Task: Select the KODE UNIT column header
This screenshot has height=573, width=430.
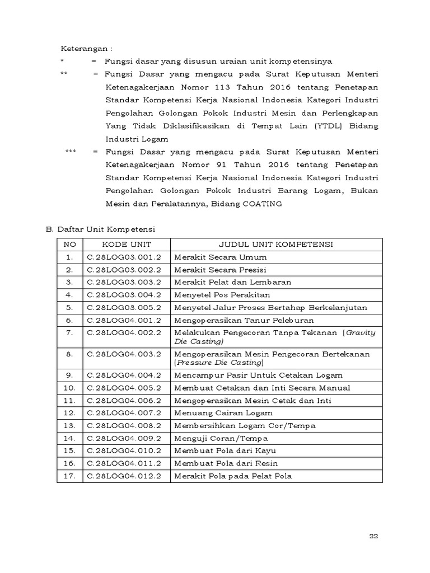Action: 127,245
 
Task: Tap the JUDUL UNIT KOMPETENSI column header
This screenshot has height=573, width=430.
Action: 276,245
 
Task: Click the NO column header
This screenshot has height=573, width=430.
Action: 69,245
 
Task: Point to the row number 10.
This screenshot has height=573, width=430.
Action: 69,388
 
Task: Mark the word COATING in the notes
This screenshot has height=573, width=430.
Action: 262,204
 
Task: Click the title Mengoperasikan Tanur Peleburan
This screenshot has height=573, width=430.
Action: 244,321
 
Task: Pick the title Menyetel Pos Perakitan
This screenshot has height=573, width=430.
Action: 222,295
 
